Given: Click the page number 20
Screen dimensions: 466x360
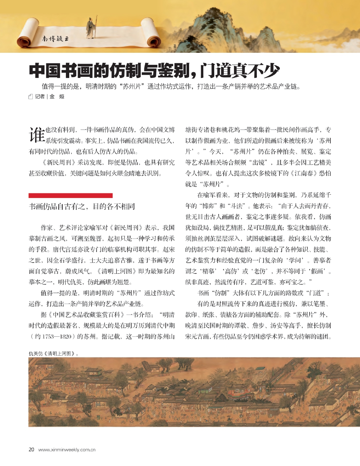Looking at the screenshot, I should (x=31, y=450).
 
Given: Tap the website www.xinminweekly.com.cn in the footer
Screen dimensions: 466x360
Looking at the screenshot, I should (x=67, y=450).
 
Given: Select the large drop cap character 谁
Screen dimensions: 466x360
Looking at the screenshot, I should (x=37, y=134).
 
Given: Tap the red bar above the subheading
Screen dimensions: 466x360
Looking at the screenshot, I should (x=70, y=196).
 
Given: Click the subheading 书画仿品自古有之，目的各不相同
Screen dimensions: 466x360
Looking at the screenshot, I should (x=82, y=206).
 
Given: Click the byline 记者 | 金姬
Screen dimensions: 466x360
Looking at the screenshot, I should (x=50, y=96).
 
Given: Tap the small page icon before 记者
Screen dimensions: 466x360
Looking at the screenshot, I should (x=31, y=97).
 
